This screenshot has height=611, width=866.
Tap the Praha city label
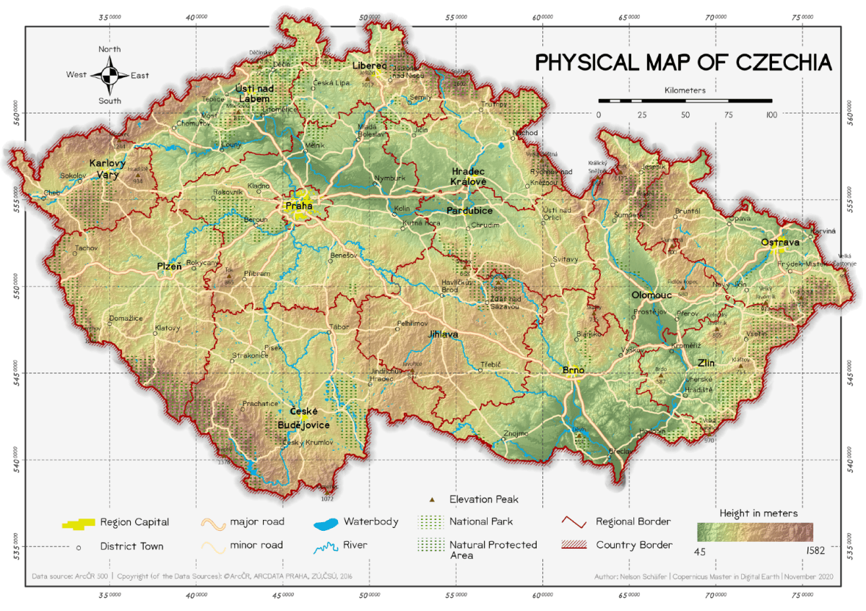point(299,206)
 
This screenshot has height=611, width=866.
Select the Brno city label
point(573,370)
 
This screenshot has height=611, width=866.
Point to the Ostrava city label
point(780,242)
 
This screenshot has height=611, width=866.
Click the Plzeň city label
point(170,266)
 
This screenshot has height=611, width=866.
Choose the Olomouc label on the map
point(651,295)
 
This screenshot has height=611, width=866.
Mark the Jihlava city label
point(443,334)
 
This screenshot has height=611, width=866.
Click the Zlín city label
point(706,363)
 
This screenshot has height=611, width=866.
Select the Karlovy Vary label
point(108,168)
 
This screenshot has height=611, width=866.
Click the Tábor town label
point(339,327)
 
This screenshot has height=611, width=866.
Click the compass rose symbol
point(110,75)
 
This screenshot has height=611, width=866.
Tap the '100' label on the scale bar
point(771,115)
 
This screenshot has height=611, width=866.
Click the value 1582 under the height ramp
point(813,550)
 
